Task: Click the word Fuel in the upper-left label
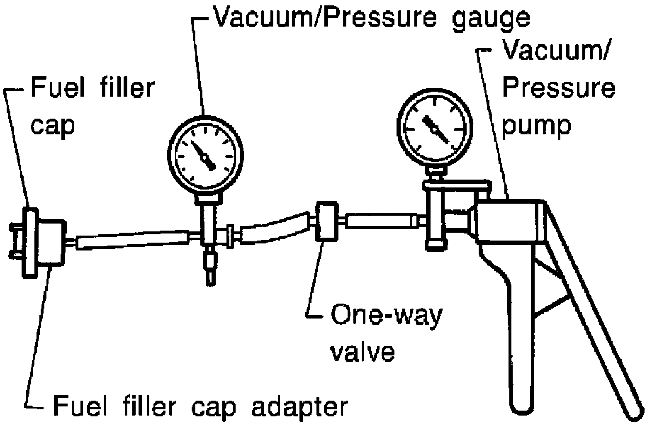tap(58, 88)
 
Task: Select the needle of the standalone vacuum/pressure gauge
tap(203, 155)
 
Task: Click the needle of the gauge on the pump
tap(435, 129)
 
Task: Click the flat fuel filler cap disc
tap(30, 243)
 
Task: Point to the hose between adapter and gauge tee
tap(132, 241)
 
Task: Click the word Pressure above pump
tap(559, 88)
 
